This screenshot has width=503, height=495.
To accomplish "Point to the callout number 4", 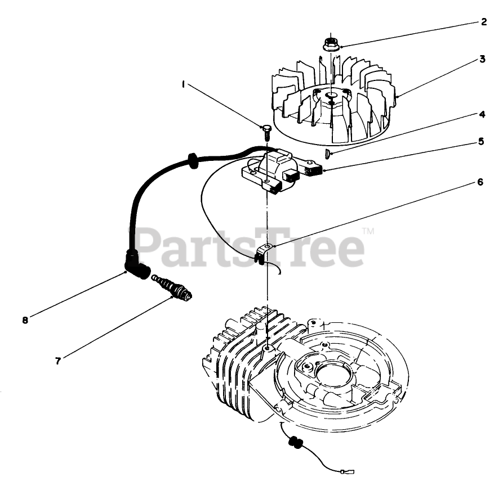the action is coord(482,114).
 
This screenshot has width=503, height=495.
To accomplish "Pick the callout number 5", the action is coord(481,142).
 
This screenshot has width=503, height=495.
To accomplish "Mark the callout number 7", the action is coord(57,361).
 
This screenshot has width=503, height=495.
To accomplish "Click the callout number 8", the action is coord(25,320).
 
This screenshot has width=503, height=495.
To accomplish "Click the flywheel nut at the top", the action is coord(332,44).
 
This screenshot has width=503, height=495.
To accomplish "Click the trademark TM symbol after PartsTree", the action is coord(368,231).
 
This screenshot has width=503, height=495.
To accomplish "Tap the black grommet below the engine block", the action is coord(294,443).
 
